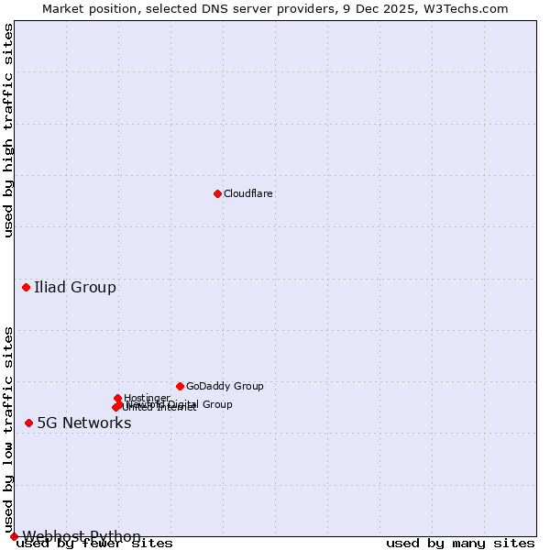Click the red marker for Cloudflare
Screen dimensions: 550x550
pos(217,193)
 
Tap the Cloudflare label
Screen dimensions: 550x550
pos(248,194)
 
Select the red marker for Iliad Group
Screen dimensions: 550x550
pos(27,288)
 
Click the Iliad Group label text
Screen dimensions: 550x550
pos(75,288)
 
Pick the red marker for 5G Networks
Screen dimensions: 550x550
pos(29,423)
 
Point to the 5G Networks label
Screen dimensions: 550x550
pos(84,423)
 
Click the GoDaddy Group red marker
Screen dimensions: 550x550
pos(180,386)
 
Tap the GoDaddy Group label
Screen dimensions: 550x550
pos(225,387)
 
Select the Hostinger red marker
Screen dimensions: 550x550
pos(118,398)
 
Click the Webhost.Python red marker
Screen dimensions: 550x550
pos(14,536)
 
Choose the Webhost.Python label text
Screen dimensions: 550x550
pos(82,536)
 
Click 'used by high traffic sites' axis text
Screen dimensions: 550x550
pos(9,130)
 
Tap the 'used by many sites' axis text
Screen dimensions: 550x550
pos(460,544)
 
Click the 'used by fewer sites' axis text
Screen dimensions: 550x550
pos(95,544)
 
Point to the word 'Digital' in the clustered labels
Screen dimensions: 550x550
pos(182,404)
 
